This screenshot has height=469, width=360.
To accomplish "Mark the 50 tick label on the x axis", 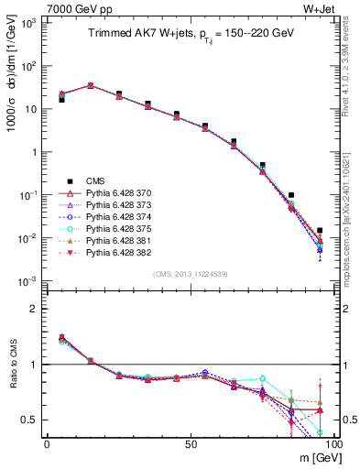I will click(x=190, y=443).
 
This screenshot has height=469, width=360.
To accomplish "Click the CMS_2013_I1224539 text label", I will click(x=188, y=273).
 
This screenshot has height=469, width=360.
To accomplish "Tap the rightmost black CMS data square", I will click(x=320, y=231).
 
